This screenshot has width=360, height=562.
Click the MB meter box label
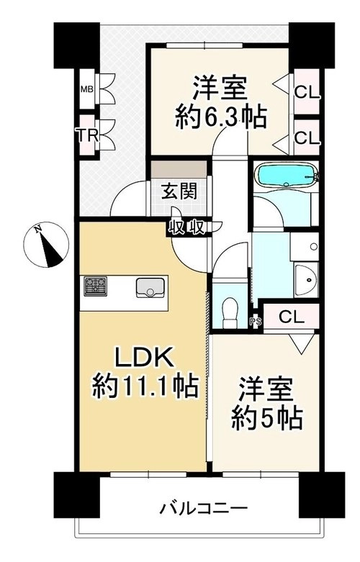(x=86, y=89)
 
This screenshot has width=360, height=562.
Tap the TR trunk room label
(x=87, y=135)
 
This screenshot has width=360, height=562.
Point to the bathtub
(x=286, y=176)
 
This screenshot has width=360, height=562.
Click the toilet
(x=230, y=314)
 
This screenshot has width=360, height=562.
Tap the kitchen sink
(x=150, y=287)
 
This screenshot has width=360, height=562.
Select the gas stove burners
(x=95, y=286)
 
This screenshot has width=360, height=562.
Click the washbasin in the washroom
(x=306, y=280)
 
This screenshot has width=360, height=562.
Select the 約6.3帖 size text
(x=220, y=117)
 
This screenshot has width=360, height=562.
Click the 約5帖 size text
(x=267, y=418)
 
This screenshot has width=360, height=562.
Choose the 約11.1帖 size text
(x=145, y=385)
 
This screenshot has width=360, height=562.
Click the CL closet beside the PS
(x=291, y=317)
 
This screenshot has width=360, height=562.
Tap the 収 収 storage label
(x=186, y=227)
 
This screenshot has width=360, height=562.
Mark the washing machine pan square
(x=304, y=247)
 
